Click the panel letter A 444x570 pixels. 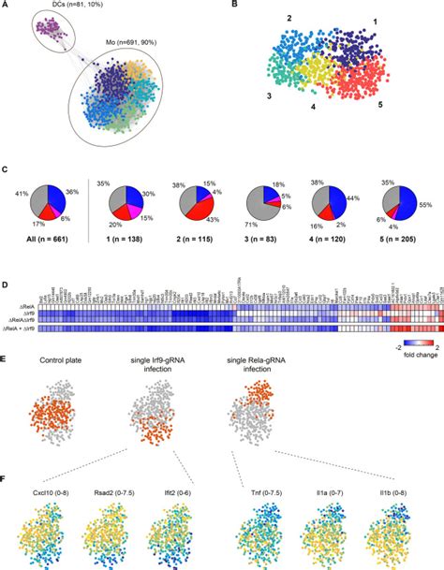tap(7, 7)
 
